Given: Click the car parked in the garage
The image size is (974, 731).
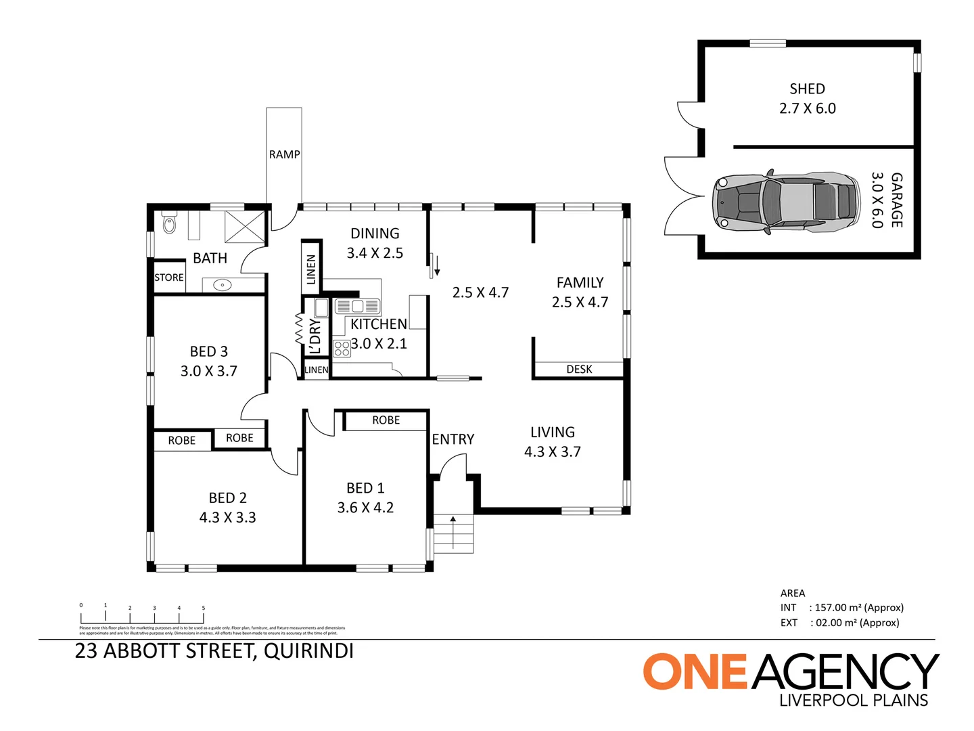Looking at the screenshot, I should (x=785, y=202).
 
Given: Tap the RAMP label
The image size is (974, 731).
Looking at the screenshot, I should (x=284, y=154).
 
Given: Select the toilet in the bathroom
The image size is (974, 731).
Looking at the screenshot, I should (x=169, y=223).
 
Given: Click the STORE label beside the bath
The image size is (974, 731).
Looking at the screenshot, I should (x=168, y=278).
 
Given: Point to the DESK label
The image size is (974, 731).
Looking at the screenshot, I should (x=579, y=370).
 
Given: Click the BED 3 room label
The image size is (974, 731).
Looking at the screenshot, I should (x=208, y=351).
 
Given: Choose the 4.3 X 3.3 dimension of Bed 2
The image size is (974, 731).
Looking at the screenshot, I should (x=227, y=518).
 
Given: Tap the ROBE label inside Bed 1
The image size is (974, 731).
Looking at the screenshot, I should (x=386, y=420).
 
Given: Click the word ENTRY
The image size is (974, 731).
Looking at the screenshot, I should (x=453, y=439).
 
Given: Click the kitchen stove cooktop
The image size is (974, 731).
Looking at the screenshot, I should (x=342, y=349).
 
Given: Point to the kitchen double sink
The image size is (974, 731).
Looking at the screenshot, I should (x=358, y=306).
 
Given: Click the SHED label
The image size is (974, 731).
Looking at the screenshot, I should (x=807, y=89).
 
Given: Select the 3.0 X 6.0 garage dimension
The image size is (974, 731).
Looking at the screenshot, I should (x=877, y=200).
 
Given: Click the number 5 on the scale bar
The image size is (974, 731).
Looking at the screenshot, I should (x=203, y=608).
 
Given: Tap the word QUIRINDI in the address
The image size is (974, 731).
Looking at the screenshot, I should (x=308, y=651).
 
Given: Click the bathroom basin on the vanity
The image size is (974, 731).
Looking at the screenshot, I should (x=223, y=285).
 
